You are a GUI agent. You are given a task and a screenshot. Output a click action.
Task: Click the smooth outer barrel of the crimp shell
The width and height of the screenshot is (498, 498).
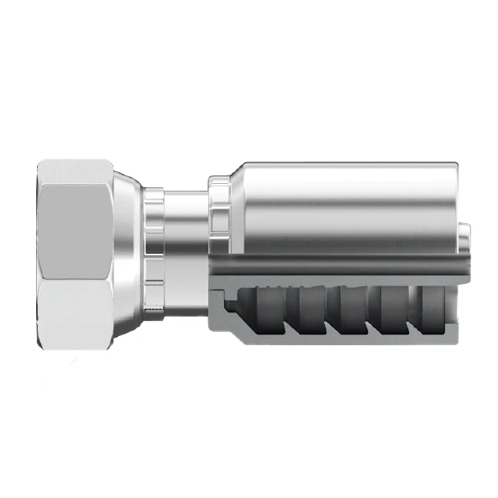coord(344,202)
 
